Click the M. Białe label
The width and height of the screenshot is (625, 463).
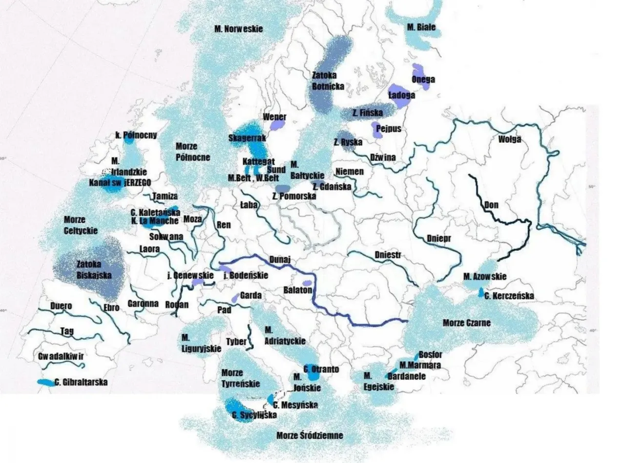tap(421, 27)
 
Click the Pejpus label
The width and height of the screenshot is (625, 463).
tap(389, 129)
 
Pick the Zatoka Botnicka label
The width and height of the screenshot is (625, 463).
tap(328, 81)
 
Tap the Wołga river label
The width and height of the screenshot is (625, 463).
tap(509, 139)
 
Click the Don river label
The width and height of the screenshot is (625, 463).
tap(491, 205)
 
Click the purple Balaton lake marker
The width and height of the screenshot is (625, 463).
tap(307, 284)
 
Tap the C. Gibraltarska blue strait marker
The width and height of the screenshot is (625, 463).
tap(46, 382)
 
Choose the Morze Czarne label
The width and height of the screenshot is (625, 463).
tap(466, 323)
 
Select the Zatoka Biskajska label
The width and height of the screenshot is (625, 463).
tap(94, 269)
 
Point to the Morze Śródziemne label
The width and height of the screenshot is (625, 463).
tap(310, 436)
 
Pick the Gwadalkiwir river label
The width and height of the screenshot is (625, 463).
tap(61, 356)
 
